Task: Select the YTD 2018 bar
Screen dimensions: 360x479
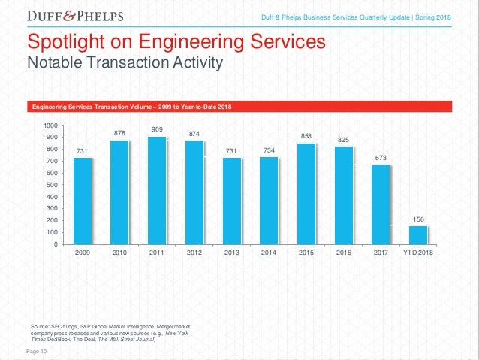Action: coord(418,234)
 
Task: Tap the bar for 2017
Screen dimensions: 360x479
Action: coord(381,204)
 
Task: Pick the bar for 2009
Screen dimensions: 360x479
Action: coord(83,201)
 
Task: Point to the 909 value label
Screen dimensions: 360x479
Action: coord(157,129)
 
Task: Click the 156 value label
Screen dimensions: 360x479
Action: coord(418,219)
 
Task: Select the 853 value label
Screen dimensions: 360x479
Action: coord(306,136)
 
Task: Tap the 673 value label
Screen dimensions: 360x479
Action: coord(381,157)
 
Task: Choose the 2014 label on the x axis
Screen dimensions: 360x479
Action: coord(269,254)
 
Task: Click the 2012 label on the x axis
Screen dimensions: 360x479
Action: coord(194,254)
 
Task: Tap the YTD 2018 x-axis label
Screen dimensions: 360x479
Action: coord(418,254)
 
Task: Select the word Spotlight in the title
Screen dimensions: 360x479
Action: coord(67,41)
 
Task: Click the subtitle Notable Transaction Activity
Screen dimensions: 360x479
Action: coord(125,62)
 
